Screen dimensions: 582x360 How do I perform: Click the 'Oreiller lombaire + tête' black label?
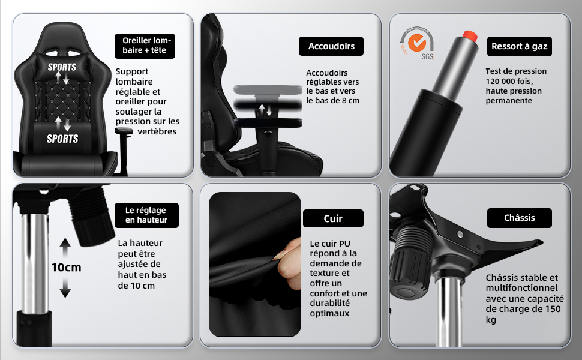(145, 46)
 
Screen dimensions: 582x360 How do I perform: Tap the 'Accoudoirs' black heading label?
(331, 46)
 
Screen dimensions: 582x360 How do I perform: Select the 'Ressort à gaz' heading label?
(519, 46)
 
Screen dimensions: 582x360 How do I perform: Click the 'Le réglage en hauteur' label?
(146, 215)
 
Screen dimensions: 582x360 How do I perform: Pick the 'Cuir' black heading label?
(333, 218)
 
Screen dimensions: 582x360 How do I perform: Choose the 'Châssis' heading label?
(519, 218)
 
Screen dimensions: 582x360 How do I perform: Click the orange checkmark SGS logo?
(417, 43)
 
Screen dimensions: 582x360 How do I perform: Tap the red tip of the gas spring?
(470, 36)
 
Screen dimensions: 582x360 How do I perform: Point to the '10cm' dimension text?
(66, 267)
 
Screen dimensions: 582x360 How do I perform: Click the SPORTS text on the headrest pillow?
(62, 67)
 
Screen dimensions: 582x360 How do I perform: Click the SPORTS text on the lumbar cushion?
(62, 139)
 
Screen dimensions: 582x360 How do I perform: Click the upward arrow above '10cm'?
(65, 247)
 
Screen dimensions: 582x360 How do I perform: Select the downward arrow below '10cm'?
(65, 288)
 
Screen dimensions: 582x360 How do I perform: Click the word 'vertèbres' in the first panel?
(157, 131)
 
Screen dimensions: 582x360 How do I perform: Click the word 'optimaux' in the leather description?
(329, 313)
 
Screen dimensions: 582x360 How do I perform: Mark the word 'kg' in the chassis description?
(491, 320)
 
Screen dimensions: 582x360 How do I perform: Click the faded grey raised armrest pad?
(268, 89)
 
